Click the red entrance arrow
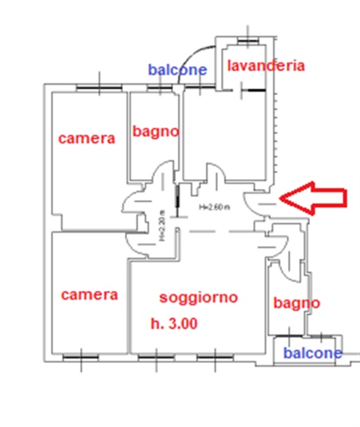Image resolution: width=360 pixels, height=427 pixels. coord(313,198)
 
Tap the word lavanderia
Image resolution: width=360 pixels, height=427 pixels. coord(266,66)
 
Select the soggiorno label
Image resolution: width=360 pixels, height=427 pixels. coord(199,298)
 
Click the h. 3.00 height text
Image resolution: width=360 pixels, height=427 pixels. coord(174,324)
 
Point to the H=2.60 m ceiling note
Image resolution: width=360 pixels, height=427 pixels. coord(214,207)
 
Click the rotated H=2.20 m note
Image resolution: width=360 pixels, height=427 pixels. coord(162,226)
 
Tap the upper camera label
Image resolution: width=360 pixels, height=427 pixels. coord(87,138)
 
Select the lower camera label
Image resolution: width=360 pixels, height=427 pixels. coord(90,295)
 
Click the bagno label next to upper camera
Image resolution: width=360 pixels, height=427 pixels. coord(156,132)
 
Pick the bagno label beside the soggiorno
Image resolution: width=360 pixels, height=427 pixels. coord(297,303)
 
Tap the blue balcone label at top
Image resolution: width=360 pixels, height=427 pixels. coord(177,70)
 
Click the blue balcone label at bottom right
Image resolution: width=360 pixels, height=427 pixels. coord(313,353)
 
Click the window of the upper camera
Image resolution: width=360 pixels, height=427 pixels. coord(99,88)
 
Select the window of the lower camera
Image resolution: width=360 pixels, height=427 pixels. coord(81,357)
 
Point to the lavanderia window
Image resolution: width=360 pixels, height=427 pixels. coord(247,41)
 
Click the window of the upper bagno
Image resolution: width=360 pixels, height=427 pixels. coord(160,88)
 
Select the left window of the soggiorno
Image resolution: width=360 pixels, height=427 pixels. coord(156,357)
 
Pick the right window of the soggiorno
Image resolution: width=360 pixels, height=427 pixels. coord(215,357)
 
